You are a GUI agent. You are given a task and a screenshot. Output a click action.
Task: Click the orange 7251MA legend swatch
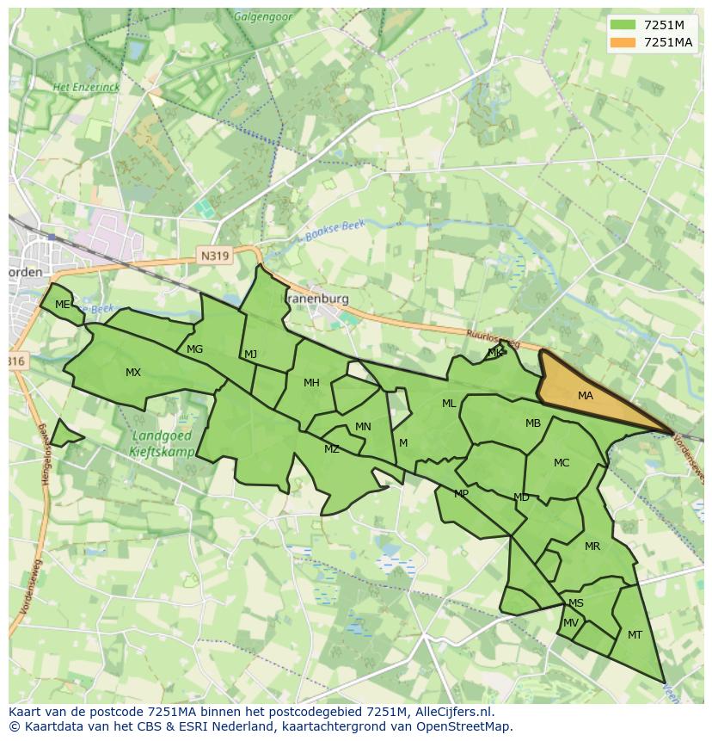click(623, 42)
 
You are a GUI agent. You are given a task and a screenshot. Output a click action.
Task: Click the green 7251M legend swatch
click(623, 25)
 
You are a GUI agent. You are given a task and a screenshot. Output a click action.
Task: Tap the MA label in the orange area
click(586, 396)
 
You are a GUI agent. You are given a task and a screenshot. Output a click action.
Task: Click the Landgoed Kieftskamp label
click(163, 442)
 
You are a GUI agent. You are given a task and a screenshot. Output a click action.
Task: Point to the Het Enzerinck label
click(86, 88)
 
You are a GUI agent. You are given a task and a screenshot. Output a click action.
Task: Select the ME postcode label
click(62, 305)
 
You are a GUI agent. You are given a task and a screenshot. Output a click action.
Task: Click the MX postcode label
click(133, 373)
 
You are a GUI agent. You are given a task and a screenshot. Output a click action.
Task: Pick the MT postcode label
click(635, 635)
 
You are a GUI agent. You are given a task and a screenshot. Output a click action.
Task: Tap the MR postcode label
click(592, 546)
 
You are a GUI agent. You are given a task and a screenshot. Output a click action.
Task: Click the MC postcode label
click(562, 463)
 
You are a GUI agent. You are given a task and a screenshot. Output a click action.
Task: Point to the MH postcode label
click(311, 383)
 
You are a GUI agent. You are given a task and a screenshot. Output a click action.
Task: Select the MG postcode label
click(195, 349)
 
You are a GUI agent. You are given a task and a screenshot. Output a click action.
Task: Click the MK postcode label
click(495, 353)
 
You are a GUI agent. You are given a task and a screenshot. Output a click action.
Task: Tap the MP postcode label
click(462, 494)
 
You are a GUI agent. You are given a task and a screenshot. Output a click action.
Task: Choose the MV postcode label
click(571, 623)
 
